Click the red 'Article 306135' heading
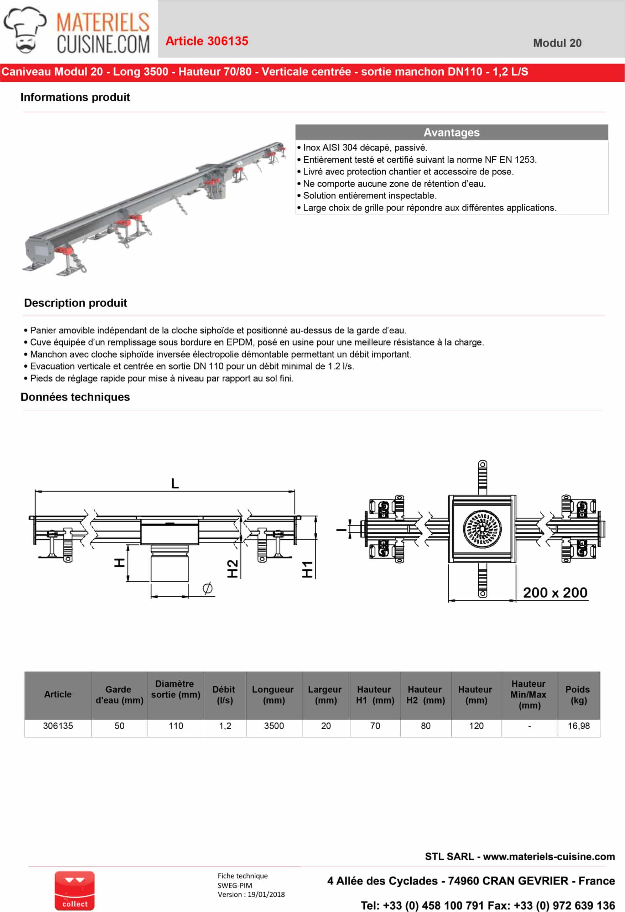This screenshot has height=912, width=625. click(207, 41)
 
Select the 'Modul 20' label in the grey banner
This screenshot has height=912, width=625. click(557, 43)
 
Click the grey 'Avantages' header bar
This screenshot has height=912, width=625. click(451, 132)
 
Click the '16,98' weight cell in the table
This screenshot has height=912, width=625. click(578, 726)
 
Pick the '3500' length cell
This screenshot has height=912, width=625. click(274, 726)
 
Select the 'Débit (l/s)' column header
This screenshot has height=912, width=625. click(224, 695)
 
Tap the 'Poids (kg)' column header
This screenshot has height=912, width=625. click(578, 695)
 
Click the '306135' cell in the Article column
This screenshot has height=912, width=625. click(58, 726)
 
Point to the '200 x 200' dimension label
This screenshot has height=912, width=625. click(555, 592)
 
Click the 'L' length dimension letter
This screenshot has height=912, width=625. click(175, 483)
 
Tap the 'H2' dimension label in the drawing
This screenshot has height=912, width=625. click(233, 569)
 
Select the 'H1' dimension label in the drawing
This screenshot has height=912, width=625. click(307, 569)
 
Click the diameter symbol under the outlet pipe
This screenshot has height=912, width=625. click(208, 588)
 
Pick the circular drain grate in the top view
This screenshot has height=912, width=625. click(482, 529)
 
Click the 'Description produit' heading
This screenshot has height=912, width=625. click(75, 303)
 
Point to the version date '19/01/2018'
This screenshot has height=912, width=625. click(266, 894)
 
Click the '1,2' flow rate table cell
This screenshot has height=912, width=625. click(225, 726)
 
